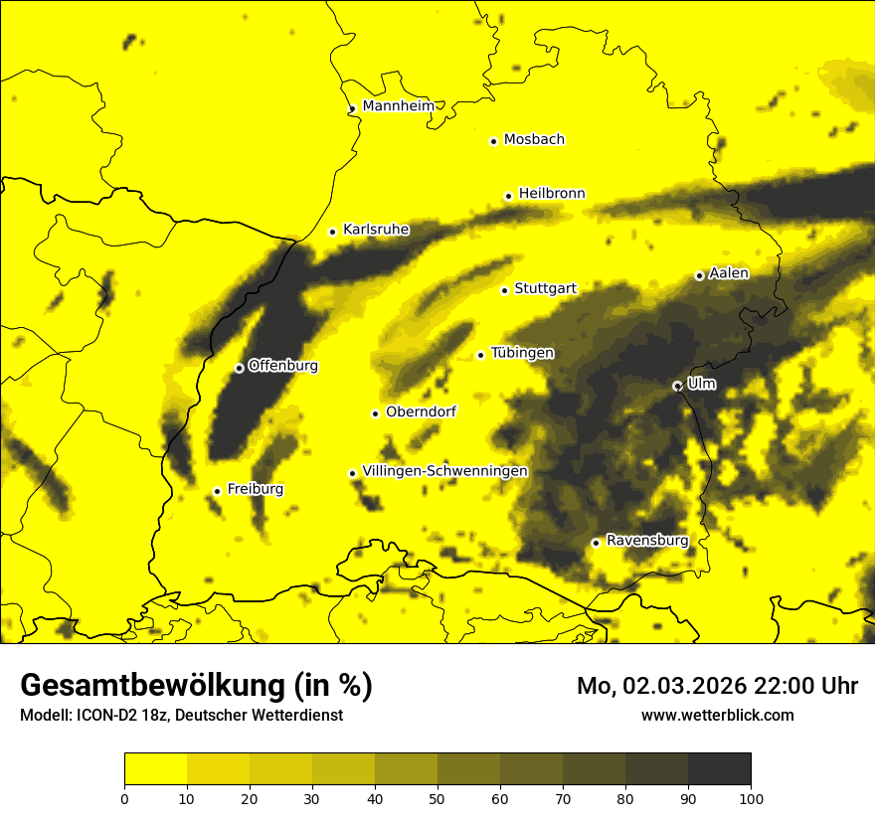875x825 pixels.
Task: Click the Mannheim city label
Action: (x=399, y=105)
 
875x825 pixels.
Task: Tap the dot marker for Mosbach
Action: (x=493, y=141)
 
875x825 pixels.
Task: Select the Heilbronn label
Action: (x=552, y=193)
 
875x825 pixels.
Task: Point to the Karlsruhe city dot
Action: (x=333, y=232)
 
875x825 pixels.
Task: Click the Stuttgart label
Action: (x=546, y=288)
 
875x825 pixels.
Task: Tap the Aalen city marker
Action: (x=699, y=275)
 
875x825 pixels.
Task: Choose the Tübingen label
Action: (x=522, y=353)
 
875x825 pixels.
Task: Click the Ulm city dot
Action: (x=677, y=386)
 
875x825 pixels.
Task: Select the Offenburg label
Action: (x=283, y=365)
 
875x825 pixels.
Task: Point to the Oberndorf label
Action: (x=422, y=412)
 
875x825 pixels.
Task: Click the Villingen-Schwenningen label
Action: (x=445, y=471)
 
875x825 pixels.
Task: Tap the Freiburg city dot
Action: (x=217, y=491)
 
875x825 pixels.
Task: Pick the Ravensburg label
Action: (x=647, y=541)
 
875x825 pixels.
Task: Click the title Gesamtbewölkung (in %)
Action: (x=196, y=685)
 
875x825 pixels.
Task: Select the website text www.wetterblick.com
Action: (x=717, y=715)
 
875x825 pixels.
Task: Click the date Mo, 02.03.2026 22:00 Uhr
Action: (x=717, y=686)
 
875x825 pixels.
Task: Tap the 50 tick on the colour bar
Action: (x=437, y=797)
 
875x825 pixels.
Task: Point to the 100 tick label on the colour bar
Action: (x=751, y=797)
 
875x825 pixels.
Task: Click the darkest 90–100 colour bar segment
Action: (x=719, y=769)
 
